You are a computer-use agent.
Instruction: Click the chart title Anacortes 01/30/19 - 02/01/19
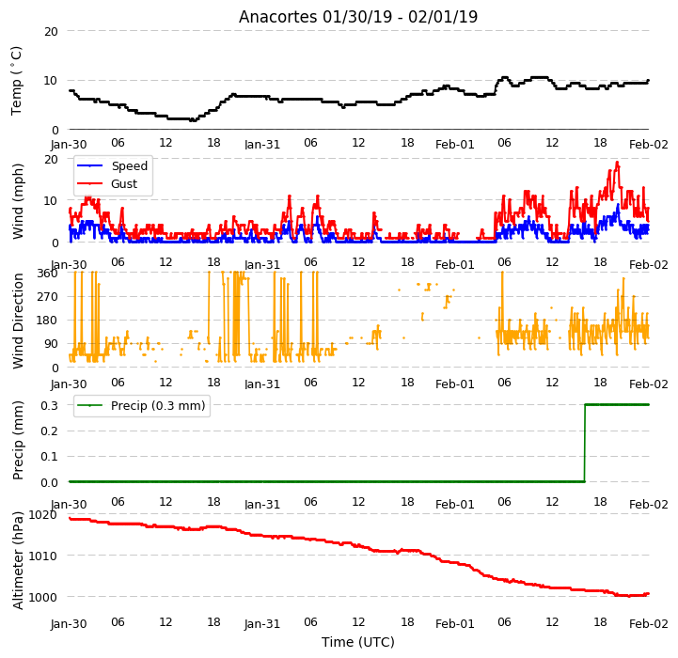[x=358, y=17]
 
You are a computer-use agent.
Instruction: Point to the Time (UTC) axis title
[x=358, y=642]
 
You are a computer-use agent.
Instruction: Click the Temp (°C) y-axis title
[x=16, y=81]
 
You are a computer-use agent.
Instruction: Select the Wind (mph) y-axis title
[x=18, y=201]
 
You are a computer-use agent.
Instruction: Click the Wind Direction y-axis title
[x=18, y=321]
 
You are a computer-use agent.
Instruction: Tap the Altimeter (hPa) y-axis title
[x=18, y=560]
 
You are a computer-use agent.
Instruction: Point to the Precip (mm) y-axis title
[x=18, y=440]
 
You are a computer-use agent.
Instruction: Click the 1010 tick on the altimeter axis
[x=42, y=556]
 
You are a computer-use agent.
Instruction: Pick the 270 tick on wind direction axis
[x=48, y=297]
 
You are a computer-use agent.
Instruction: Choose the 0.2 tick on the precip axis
[x=49, y=431]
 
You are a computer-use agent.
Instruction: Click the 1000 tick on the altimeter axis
[x=42, y=597]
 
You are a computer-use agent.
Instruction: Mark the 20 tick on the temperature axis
[x=51, y=32]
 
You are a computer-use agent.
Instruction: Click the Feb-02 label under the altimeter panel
[x=648, y=624]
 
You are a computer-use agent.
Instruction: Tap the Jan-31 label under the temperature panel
[x=262, y=144]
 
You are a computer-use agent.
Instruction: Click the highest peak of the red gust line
[x=617, y=163]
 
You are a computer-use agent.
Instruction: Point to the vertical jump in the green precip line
[x=585, y=443]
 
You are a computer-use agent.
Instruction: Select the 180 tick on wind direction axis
[x=48, y=321]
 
